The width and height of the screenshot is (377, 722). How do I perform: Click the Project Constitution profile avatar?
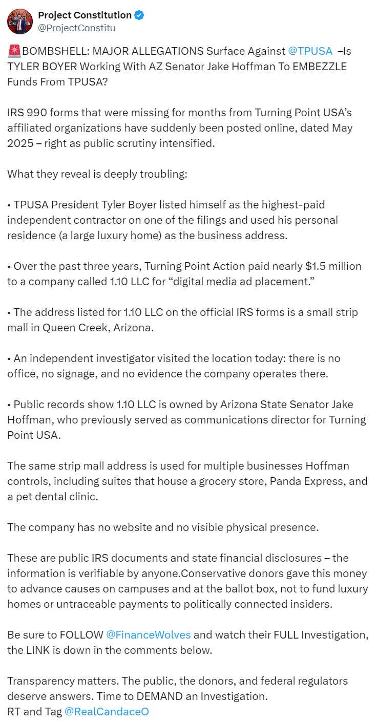(x=20, y=21)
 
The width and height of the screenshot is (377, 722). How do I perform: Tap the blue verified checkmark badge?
(x=139, y=15)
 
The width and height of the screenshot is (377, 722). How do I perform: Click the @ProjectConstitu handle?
(x=76, y=28)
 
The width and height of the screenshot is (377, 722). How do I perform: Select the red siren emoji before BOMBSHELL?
(x=14, y=51)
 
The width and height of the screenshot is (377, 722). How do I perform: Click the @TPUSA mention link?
(x=310, y=51)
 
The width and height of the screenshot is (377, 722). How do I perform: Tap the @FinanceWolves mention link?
(x=148, y=635)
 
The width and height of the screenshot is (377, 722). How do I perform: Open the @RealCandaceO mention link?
(x=107, y=712)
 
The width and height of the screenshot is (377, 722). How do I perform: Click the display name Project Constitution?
(x=85, y=15)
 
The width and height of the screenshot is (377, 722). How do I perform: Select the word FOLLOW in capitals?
(x=81, y=635)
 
